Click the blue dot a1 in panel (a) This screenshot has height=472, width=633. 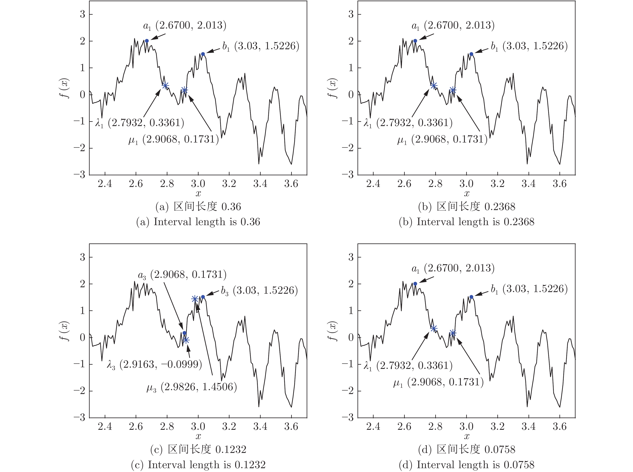click(147, 41)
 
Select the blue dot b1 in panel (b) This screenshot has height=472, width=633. click(471, 54)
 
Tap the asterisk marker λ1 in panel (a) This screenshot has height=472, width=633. click(165, 85)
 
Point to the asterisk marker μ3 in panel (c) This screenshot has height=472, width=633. click(195, 299)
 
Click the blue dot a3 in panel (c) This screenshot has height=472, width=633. click(184, 333)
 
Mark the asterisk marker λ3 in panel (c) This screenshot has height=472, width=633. click(186, 340)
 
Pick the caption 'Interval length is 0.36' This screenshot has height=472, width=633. click(198, 222)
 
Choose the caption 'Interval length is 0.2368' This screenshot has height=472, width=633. click(466, 222)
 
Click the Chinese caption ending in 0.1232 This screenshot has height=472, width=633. click(198, 449)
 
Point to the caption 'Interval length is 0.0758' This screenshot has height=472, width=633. click(466, 465)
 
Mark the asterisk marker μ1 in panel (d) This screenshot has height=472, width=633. click(453, 333)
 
